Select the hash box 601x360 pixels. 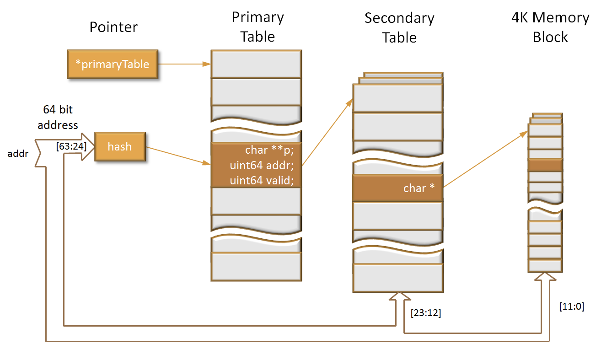119,146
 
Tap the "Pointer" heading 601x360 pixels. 113,27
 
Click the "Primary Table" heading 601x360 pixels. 258,27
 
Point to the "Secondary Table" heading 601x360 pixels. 399,27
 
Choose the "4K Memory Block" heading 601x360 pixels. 550,27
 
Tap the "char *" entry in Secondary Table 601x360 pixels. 419,188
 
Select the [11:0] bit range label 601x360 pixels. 571,306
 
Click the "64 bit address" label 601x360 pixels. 58,117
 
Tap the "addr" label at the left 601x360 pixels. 18,154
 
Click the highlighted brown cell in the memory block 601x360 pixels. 545,165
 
